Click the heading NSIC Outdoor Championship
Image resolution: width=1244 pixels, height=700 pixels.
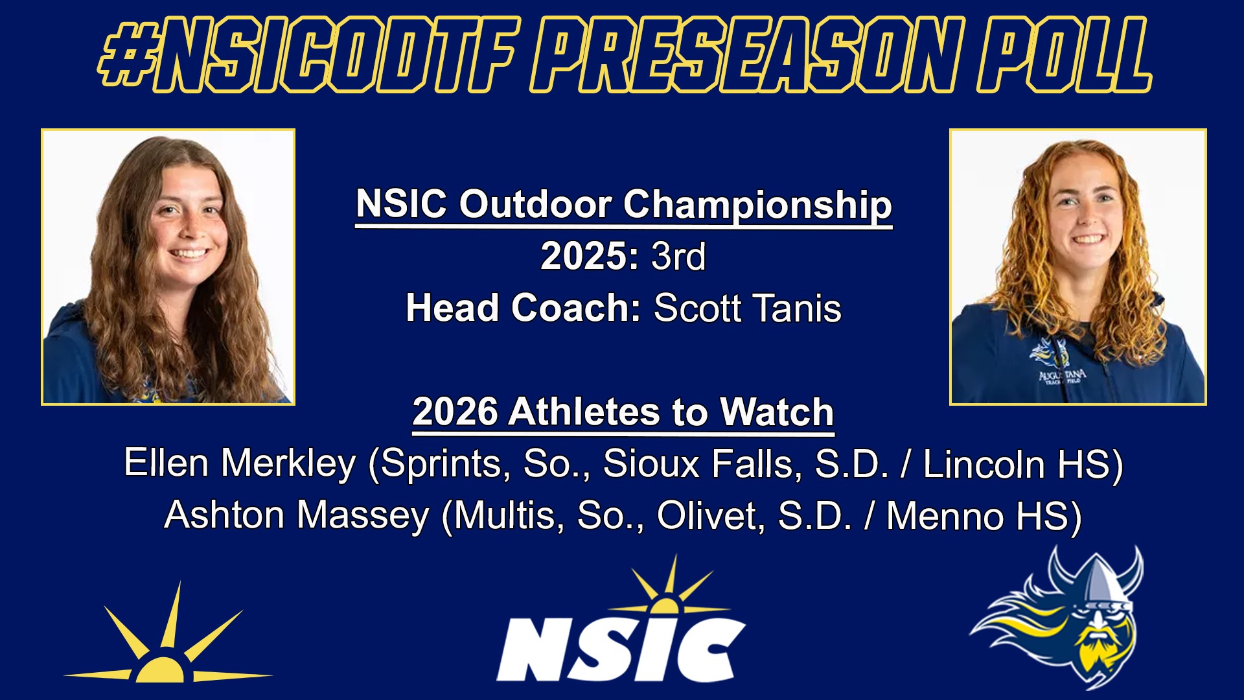[x=624, y=205]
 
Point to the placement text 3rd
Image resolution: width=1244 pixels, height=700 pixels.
[x=678, y=256]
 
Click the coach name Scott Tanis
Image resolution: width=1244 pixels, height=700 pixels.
[x=748, y=308]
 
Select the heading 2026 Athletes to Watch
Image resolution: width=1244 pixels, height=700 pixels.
[x=623, y=412]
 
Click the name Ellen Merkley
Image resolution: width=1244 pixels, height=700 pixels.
[x=240, y=463]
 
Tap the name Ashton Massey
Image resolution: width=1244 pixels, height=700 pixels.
[x=297, y=515]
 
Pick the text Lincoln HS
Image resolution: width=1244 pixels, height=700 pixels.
[x=1016, y=463]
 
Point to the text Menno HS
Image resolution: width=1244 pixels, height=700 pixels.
[x=977, y=515]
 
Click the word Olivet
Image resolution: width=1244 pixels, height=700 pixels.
[x=710, y=515]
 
